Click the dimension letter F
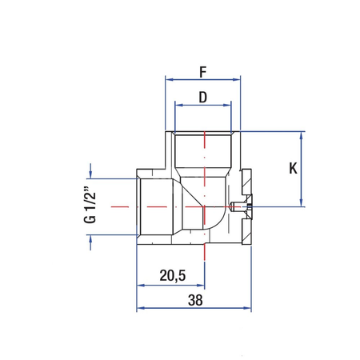coord(202,70)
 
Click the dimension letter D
coord(202,97)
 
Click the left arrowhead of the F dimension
coord(168,79)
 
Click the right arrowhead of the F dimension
coord(237,79)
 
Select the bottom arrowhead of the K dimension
coord(302,203)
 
